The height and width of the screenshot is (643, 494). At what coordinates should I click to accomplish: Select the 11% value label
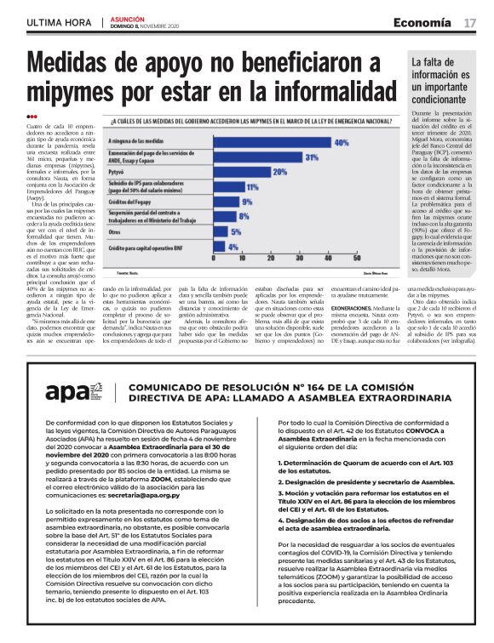click(x=252, y=186)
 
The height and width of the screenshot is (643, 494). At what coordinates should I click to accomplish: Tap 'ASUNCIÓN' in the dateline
click(x=127, y=18)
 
